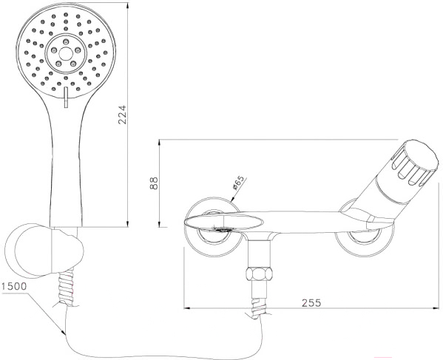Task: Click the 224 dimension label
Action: (122, 115)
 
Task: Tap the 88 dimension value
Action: (154, 183)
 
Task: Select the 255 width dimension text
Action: (311, 303)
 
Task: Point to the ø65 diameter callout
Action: (237, 183)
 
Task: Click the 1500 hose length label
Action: (14, 286)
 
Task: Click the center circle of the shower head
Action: (66, 53)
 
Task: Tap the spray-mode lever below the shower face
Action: (66, 97)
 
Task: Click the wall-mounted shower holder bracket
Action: (44, 250)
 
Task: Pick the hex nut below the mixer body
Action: (260, 274)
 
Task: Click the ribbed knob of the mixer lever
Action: (416, 165)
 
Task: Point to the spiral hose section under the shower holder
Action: (67, 288)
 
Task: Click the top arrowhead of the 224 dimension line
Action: (128, 6)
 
